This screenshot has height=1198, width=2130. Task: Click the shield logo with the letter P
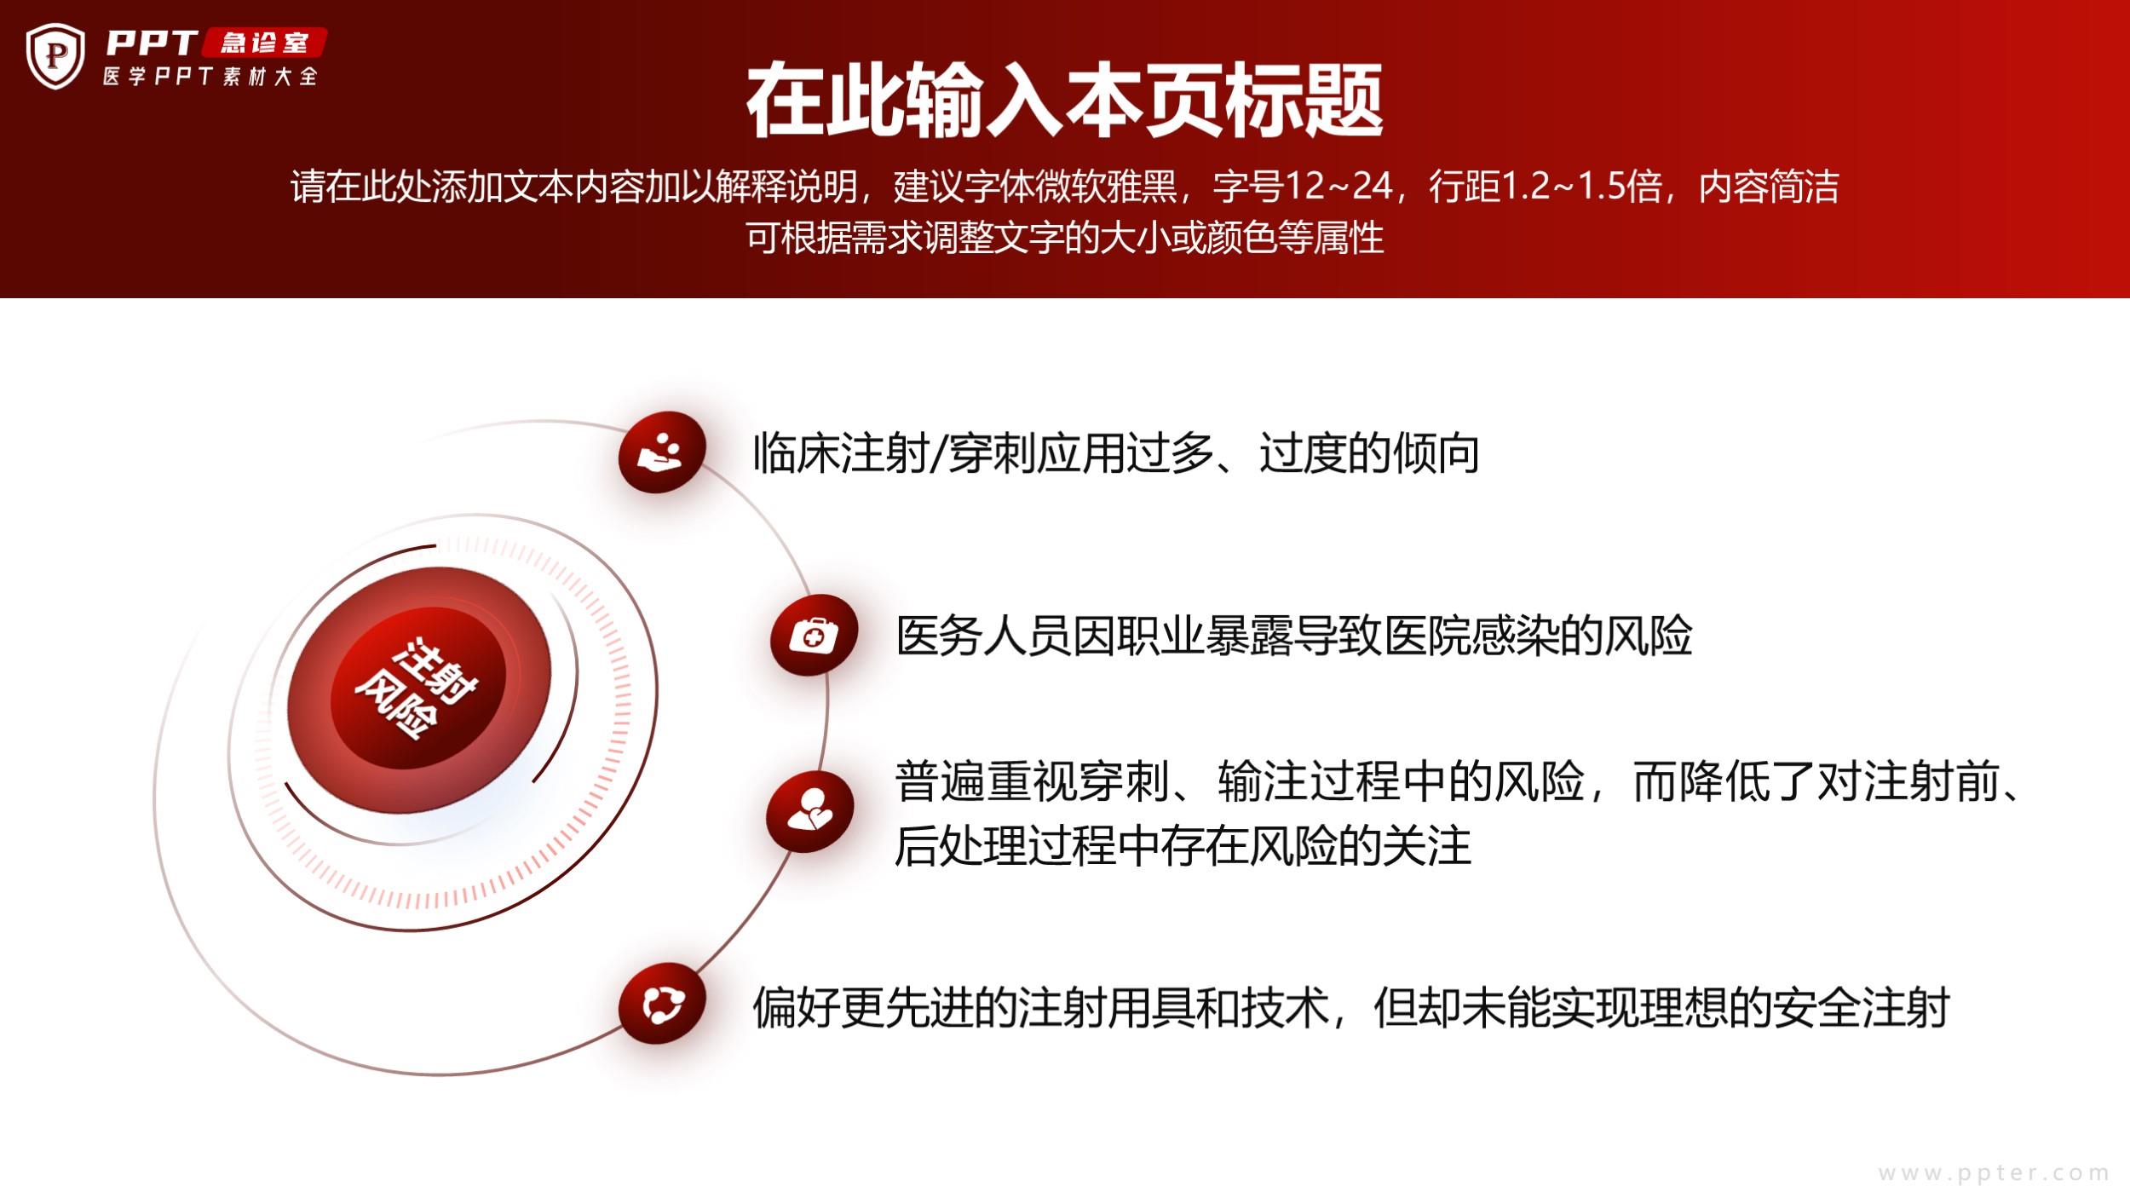click(x=55, y=56)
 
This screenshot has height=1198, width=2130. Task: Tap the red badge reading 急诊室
click(x=264, y=43)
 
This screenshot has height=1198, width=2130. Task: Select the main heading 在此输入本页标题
click(x=1064, y=101)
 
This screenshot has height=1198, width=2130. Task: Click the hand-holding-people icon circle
click(x=662, y=452)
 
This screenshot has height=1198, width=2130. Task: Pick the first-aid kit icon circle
click(x=814, y=635)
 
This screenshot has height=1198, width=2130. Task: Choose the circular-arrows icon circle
click(x=662, y=1004)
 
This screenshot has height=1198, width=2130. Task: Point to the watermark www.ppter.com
click(x=1994, y=1173)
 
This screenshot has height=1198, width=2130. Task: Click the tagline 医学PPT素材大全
click(x=210, y=77)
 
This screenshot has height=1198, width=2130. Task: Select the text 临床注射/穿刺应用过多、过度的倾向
click(x=1115, y=452)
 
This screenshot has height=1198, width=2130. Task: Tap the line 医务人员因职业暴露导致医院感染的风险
click(x=1293, y=636)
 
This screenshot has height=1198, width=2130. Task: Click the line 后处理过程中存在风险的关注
click(x=1183, y=846)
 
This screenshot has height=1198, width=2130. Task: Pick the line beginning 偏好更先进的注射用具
click(x=1351, y=1008)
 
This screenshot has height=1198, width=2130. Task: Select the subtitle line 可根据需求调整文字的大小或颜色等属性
click(x=1064, y=237)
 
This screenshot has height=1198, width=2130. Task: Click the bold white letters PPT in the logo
click(x=152, y=43)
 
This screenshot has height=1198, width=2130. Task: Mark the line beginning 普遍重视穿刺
click(x=1459, y=781)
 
